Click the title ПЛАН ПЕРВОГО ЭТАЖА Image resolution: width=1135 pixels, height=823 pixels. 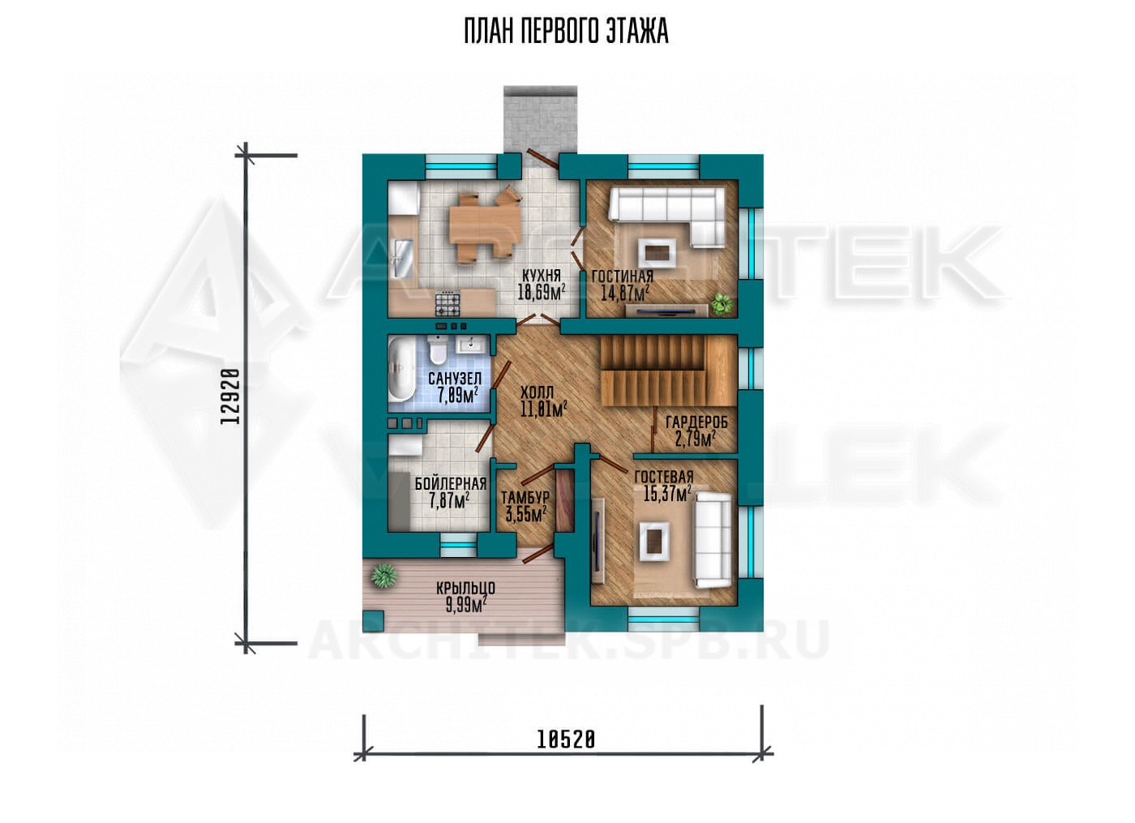(x=566, y=32)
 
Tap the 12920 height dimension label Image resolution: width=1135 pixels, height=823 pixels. (x=230, y=396)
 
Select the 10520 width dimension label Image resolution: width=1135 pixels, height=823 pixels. (x=566, y=740)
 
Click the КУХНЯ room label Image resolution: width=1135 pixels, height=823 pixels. (x=542, y=276)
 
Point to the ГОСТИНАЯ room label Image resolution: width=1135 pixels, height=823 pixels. (x=623, y=276)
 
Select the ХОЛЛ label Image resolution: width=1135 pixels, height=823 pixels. (x=537, y=392)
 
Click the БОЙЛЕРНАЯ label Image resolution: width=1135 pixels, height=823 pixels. (x=451, y=484)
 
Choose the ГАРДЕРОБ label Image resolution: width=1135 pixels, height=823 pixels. (x=696, y=422)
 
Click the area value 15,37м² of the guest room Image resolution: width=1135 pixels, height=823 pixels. (x=667, y=493)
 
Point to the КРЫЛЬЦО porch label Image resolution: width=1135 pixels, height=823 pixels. (x=465, y=589)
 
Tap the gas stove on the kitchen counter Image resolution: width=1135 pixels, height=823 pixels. (x=448, y=302)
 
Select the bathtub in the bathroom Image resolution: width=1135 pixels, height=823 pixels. (x=402, y=375)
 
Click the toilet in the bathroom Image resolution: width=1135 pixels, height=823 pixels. (x=436, y=349)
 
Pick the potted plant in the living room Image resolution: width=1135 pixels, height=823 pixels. (x=722, y=303)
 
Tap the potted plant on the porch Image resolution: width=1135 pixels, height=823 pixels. (x=383, y=577)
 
